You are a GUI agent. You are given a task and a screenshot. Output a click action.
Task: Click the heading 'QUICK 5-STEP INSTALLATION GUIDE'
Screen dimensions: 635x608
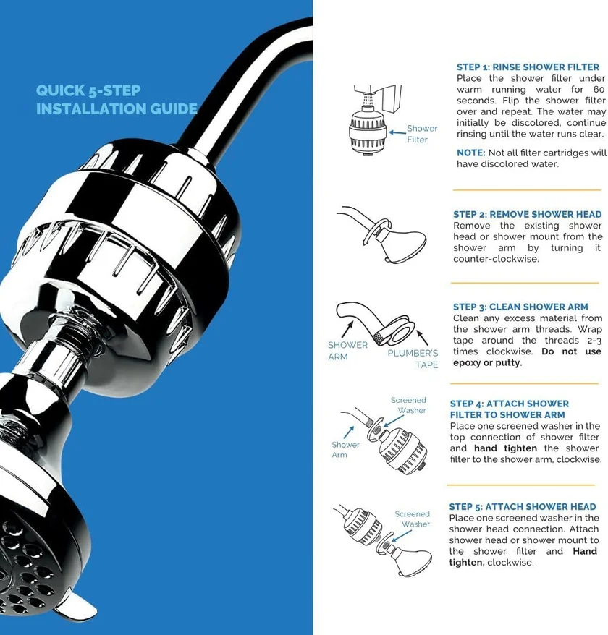(116, 100)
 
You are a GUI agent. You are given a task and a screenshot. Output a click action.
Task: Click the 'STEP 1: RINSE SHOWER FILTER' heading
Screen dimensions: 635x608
(528, 67)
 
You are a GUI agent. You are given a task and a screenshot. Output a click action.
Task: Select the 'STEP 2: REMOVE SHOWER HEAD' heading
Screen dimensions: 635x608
(527, 214)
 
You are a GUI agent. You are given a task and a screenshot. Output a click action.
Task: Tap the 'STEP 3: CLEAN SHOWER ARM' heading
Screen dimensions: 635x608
(520, 307)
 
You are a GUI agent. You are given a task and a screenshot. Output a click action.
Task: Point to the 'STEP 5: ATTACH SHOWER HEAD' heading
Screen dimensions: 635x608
(522, 506)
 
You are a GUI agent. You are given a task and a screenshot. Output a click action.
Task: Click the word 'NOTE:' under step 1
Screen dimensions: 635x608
(471, 153)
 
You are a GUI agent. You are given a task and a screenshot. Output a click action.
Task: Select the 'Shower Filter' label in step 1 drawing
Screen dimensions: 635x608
(421, 134)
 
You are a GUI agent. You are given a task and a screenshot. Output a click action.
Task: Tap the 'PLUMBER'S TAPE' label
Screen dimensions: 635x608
(413, 359)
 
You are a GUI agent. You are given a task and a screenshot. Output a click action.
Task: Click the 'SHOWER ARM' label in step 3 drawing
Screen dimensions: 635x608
(347, 351)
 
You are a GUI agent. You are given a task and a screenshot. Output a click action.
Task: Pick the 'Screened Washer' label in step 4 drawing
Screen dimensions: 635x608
(408, 405)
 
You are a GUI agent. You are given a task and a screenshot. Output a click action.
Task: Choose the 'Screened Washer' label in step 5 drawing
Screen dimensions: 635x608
(413, 519)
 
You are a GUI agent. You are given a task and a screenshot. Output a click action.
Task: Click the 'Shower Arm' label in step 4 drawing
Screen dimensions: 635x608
(345, 449)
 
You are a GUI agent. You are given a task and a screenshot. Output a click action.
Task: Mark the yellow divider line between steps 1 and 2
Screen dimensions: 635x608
(527, 190)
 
